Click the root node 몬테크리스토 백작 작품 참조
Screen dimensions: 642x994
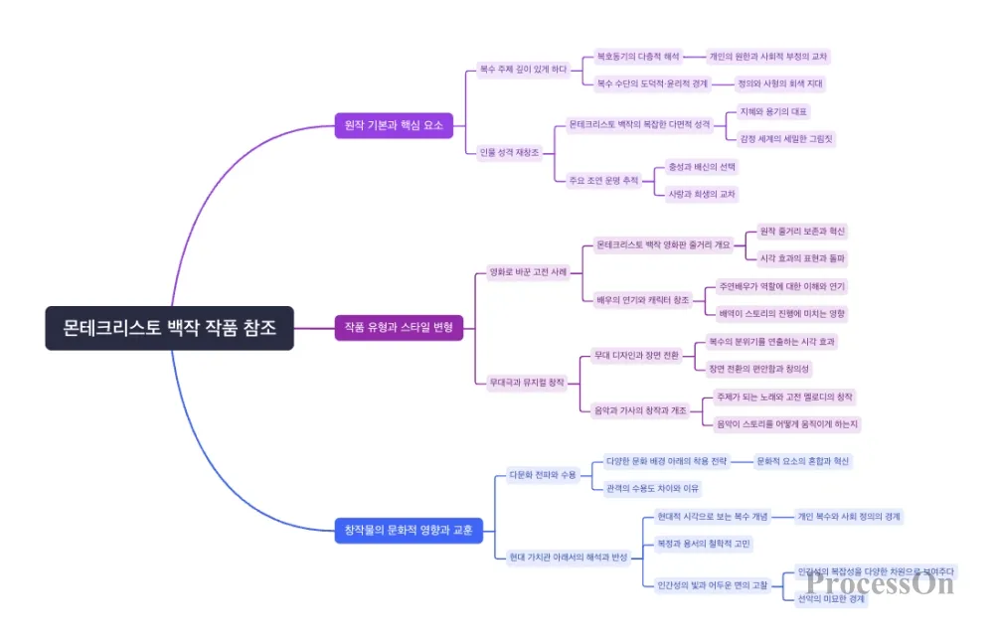(x=170, y=328)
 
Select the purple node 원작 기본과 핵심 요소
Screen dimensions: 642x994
(x=394, y=125)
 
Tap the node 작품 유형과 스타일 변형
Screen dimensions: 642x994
(x=399, y=328)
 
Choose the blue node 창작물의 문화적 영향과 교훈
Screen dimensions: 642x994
(x=408, y=531)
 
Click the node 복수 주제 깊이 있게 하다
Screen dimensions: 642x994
(x=523, y=70)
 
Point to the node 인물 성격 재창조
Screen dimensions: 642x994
(x=509, y=152)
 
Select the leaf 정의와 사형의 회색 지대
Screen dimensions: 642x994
(x=780, y=83)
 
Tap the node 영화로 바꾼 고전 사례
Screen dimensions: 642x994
(x=528, y=271)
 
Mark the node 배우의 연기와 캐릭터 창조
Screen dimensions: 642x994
(x=642, y=299)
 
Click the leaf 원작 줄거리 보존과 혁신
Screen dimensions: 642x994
(x=802, y=232)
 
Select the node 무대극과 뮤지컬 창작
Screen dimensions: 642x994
(x=526, y=382)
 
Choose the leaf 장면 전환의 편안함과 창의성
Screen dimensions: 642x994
(x=759, y=369)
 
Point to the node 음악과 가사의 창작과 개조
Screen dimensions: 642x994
(x=641, y=409)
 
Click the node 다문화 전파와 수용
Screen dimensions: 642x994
(x=542, y=474)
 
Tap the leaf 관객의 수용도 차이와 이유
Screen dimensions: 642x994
(x=653, y=488)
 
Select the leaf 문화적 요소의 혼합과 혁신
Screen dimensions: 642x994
(x=803, y=461)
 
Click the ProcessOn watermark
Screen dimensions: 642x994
(x=880, y=583)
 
